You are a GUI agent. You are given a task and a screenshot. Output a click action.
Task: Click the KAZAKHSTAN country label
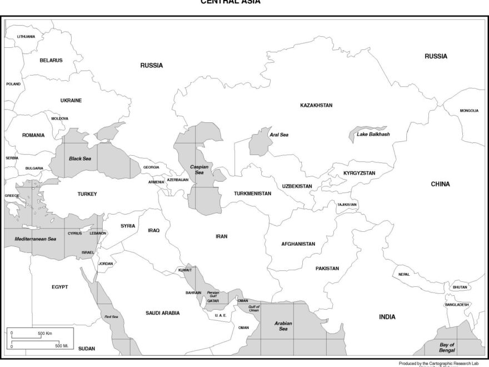316,105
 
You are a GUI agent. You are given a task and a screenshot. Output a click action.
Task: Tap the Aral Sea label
279,135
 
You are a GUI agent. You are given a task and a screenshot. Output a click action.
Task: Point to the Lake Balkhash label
373,135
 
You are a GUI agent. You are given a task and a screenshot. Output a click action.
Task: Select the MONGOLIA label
469,111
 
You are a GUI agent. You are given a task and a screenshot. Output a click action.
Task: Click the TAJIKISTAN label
347,205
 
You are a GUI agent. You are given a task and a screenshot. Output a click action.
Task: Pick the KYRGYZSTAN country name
359,173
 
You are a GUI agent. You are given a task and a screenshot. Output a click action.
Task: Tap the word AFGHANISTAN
298,244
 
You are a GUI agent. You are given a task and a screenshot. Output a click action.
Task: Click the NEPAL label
404,275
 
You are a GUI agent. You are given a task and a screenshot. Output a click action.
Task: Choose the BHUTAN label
460,287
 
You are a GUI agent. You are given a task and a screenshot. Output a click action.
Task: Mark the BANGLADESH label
457,305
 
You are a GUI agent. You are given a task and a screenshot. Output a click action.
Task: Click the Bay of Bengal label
447,348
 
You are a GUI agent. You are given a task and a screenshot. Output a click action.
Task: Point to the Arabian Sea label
283,326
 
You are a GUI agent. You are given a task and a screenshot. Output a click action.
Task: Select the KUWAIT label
185,270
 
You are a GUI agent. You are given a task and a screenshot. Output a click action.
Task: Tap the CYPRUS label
74,234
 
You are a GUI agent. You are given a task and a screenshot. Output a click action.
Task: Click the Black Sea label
79,158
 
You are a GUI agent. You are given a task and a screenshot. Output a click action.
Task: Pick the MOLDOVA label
60,118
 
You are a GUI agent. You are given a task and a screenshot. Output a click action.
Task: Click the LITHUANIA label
26,37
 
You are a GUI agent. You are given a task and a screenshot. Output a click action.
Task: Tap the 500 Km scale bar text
45,333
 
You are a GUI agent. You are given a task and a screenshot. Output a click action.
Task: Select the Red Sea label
111,316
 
